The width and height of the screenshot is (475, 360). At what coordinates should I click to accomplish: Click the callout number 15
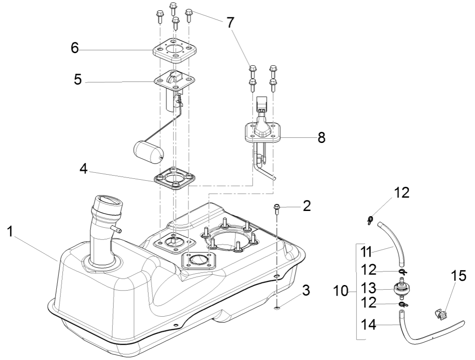(459, 276)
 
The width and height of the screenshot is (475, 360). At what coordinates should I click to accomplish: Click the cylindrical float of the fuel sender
(147, 151)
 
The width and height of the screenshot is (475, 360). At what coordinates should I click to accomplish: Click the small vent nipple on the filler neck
(117, 230)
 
